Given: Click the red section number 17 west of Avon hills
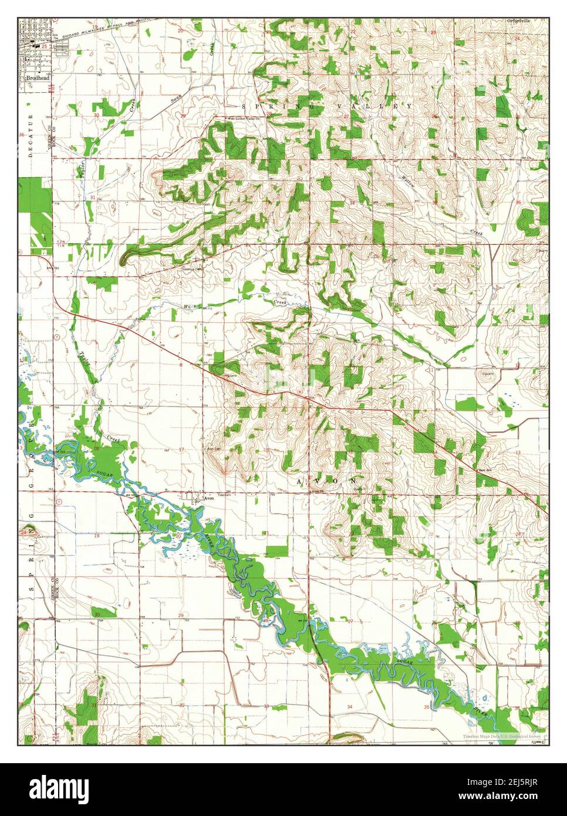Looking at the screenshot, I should point(181,450).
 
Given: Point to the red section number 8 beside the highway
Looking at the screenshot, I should point(181,365).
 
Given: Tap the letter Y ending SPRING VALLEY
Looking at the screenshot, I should point(409,106).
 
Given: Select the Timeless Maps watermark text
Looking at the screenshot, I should point(504,737).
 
